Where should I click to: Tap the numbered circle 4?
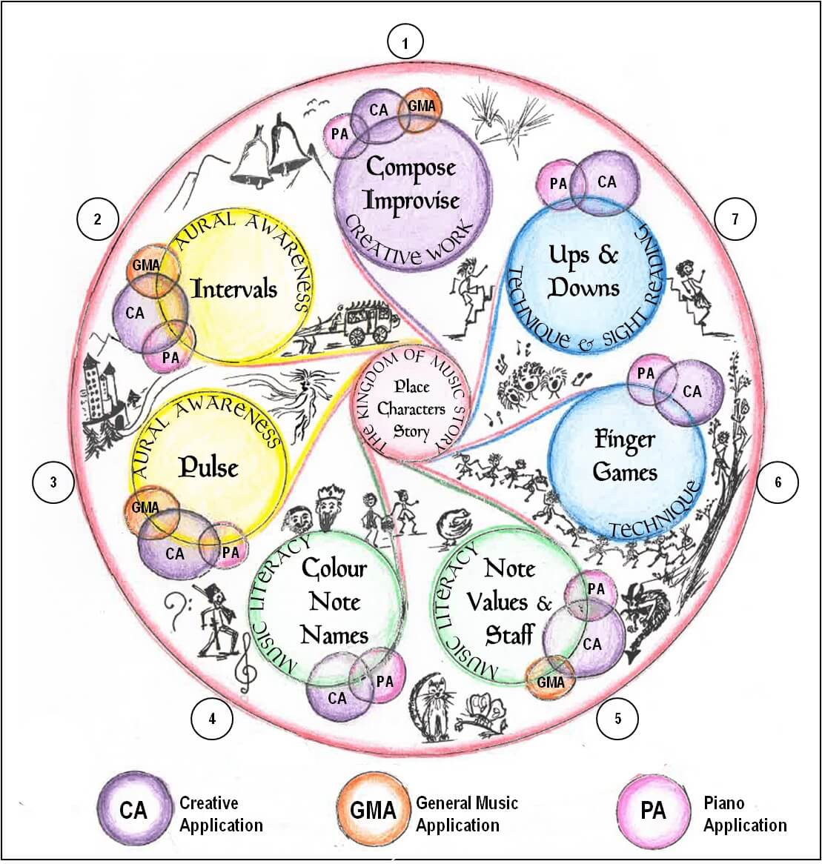coord(212,718)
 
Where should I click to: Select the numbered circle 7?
coord(735,219)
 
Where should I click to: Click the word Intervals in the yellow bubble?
coord(234,288)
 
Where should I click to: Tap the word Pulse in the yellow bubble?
coord(208,467)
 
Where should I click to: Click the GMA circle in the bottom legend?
coord(373,811)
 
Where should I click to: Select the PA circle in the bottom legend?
coord(653,811)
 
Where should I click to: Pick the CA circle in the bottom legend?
coord(133,811)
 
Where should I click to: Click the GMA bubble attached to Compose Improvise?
coord(421,107)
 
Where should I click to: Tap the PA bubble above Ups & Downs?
coord(559,183)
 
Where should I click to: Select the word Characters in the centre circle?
coord(411,408)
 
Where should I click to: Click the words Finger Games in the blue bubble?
coord(626,455)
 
